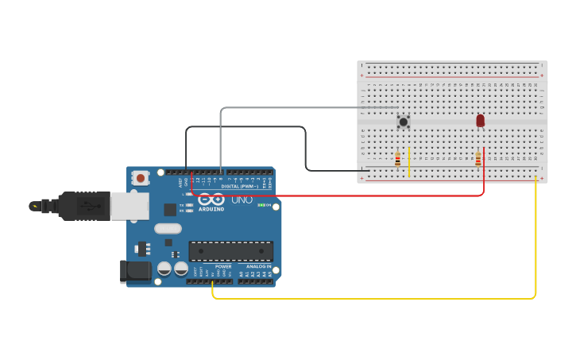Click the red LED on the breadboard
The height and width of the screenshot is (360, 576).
click(480, 120)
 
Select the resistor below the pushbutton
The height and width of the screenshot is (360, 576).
click(397, 159)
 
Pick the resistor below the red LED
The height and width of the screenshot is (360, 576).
click(478, 159)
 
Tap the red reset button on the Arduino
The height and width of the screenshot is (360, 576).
click(141, 178)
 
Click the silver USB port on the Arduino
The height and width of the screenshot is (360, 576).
click(129, 207)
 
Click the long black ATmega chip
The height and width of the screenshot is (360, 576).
click(230, 251)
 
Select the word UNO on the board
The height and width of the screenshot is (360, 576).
click(242, 199)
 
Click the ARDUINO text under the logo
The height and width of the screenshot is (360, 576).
click(211, 209)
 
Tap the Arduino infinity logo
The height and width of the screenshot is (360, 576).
click(211, 199)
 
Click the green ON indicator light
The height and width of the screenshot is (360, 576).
click(261, 205)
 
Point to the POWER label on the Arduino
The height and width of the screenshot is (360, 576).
click(223, 266)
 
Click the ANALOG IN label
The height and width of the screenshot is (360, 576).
click(258, 266)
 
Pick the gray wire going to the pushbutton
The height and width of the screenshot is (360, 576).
click(302, 107)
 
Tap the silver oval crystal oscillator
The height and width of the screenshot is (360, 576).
click(168, 229)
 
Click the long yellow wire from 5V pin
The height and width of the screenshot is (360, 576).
click(373, 299)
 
